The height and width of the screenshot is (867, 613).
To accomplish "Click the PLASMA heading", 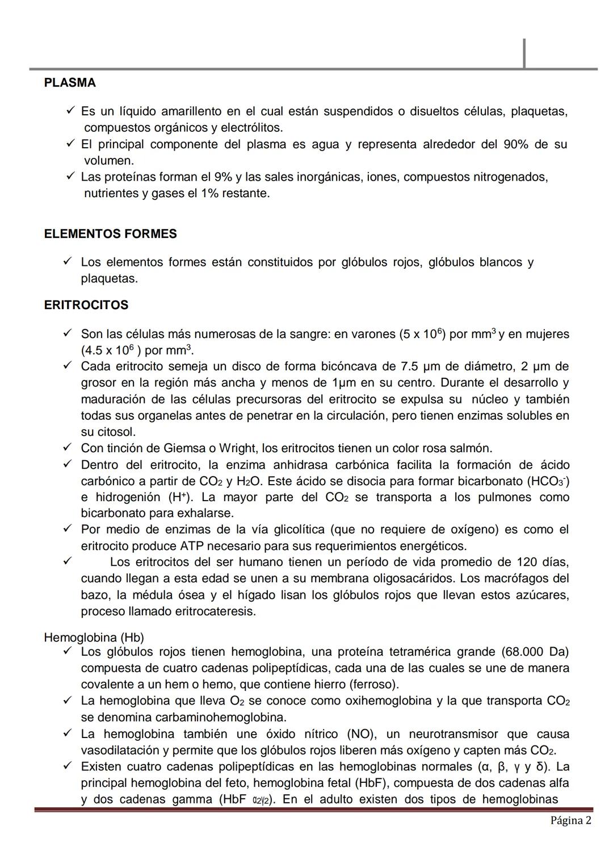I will (x=70, y=83).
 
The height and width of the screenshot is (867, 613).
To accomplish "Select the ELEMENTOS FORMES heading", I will (x=110, y=234).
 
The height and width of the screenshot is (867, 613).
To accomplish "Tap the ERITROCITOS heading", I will (x=86, y=305).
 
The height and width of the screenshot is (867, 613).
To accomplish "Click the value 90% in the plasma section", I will (x=515, y=144).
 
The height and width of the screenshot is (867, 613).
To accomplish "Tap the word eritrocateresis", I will (x=216, y=611).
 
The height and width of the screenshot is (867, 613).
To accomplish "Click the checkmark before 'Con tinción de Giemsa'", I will (x=67, y=448).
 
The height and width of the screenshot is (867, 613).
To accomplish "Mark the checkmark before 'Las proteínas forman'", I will (x=70, y=177).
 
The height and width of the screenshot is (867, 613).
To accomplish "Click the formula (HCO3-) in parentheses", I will (x=548, y=481).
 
